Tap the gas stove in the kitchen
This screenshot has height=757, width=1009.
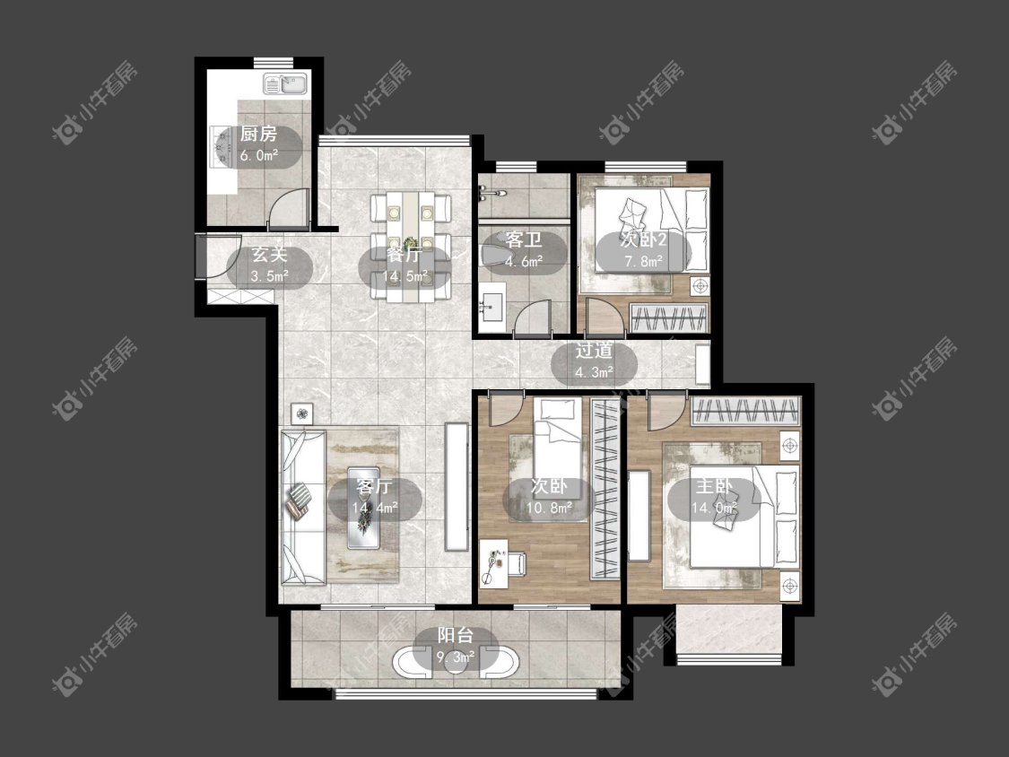coord(221,146)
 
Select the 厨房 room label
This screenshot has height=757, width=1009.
coord(258,134)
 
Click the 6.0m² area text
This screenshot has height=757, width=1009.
coord(258,155)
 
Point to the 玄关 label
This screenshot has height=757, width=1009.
coord(269,254)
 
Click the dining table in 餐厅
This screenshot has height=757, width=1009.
coord(410,246)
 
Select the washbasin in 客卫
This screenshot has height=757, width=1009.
coord(493,307)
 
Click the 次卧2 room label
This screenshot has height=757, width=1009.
coord(643,240)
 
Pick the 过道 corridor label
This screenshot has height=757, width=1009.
coord(594,351)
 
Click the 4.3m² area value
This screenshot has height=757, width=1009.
coord(594,372)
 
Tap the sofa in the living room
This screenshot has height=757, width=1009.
coord(302,508)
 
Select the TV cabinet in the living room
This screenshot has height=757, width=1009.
coord(457,486)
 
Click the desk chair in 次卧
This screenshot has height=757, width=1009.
coord(517,563)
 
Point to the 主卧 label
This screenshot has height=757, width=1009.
coord(714,486)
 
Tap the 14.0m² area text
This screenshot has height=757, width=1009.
coord(714,508)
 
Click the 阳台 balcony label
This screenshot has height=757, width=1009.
coord(456,635)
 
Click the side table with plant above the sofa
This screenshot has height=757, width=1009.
coord(302,413)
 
